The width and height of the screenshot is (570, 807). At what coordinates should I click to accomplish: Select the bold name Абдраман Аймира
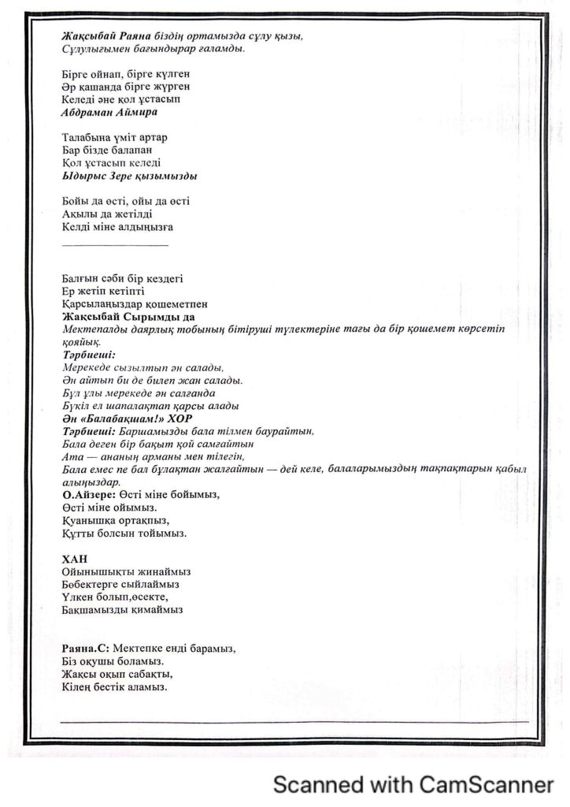(x=102, y=112)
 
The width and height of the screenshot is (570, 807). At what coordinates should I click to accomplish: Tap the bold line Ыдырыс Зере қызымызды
(x=129, y=175)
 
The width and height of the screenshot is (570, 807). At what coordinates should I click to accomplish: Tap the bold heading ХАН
(x=72, y=558)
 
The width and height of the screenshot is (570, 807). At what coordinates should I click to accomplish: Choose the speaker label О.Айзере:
(x=87, y=494)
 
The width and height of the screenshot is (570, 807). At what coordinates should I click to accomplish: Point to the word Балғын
(x=80, y=278)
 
